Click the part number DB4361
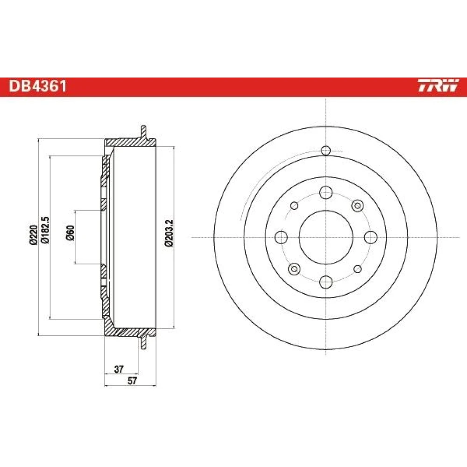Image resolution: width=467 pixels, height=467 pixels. click(37, 86)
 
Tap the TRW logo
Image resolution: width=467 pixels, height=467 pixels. click(438, 85)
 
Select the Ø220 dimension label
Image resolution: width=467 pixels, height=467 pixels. click(33, 235)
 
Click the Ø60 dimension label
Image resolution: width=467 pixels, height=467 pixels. click(71, 233)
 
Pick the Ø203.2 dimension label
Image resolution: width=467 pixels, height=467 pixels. click(169, 233)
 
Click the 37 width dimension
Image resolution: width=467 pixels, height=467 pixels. click(119, 369)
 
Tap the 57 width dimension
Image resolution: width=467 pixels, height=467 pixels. click(132, 381)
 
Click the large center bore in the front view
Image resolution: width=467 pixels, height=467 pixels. click(326, 237)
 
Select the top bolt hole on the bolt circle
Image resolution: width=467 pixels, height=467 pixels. click(326, 192)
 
